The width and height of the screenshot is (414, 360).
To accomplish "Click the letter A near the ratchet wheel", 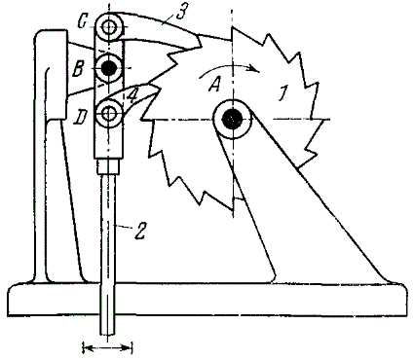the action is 214,85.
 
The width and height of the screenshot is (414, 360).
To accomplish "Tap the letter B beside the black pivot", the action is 79,69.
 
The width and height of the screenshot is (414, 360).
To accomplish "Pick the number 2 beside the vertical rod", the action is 140,231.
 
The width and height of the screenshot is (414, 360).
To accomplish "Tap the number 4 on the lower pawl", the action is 133,96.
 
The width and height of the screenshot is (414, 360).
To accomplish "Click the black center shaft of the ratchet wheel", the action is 232,120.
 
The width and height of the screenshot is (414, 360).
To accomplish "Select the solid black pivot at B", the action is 109,68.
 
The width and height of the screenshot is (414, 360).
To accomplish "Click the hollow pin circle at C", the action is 109,26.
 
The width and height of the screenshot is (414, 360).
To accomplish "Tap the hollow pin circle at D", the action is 109,114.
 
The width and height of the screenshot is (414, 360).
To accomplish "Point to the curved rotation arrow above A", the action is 230,67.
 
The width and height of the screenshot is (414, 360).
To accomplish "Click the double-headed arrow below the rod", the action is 108,348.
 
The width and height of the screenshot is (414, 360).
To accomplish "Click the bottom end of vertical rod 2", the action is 108,335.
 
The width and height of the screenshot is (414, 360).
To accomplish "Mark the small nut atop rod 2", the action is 108,166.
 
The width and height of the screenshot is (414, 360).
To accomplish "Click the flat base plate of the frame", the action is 207,299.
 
